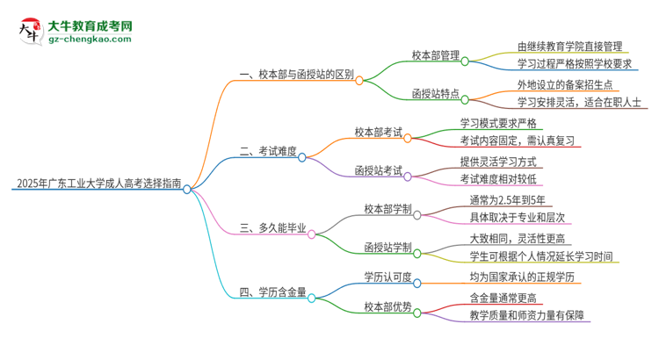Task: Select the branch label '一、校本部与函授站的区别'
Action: pos(296,76)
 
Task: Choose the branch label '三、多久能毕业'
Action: pos(272,228)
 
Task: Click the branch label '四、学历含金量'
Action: pos(272,292)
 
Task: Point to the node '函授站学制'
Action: pos(387,247)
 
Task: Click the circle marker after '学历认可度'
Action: pos(417,283)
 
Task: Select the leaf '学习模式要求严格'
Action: pos(503,123)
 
